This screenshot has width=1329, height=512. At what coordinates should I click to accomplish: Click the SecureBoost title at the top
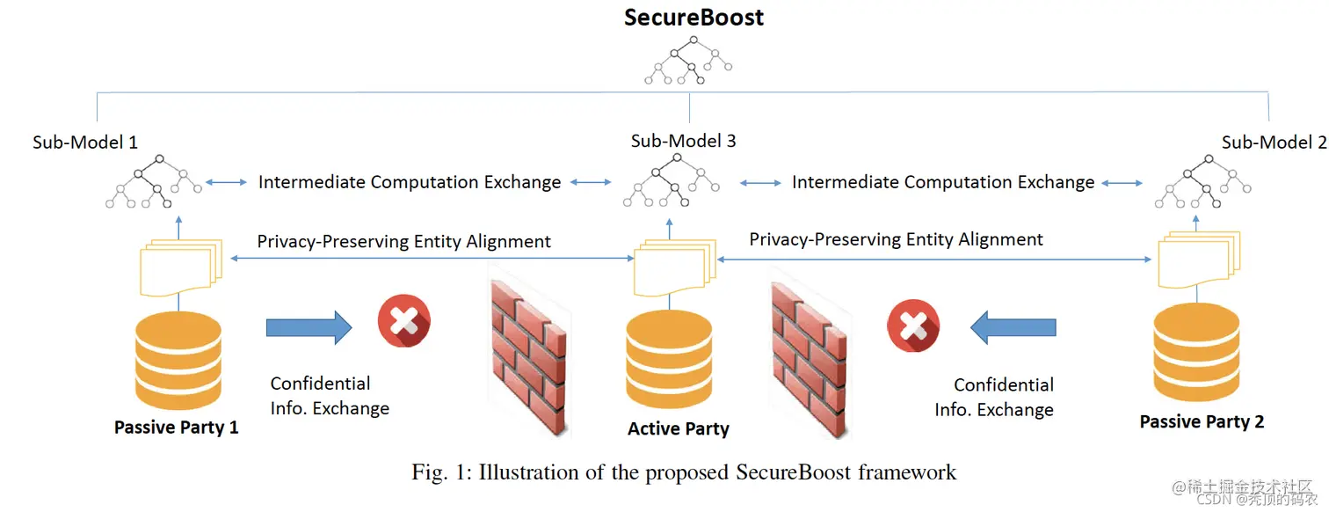click(694, 18)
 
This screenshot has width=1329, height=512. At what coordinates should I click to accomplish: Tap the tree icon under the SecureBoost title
click(688, 60)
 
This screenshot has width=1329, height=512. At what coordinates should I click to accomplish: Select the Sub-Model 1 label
click(85, 143)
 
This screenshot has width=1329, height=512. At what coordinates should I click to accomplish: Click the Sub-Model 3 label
click(683, 141)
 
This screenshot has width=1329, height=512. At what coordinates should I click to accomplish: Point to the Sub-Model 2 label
click(1274, 143)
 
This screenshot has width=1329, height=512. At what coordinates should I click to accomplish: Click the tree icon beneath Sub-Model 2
click(1202, 181)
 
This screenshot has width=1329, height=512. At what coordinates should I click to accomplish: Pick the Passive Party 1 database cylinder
click(178, 361)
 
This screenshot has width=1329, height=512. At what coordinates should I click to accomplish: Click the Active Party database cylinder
click(669, 359)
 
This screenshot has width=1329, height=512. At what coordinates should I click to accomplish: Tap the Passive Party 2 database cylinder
click(1196, 352)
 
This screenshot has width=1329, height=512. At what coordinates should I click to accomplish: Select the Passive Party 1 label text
click(176, 427)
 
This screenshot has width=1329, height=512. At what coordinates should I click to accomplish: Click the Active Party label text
click(679, 428)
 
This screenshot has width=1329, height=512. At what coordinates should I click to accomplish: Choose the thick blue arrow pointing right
click(309, 327)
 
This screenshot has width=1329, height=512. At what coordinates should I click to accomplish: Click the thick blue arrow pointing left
click(1013, 327)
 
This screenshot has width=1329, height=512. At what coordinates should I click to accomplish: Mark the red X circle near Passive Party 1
click(404, 321)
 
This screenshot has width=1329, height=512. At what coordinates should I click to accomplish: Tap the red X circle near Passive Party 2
click(913, 325)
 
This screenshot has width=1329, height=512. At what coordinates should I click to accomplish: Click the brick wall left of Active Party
click(528, 358)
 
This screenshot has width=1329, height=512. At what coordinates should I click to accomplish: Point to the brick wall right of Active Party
click(810, 361)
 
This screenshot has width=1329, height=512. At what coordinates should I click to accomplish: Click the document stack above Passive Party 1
click(181, 267)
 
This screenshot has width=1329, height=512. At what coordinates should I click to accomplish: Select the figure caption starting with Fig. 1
click(684, 472)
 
